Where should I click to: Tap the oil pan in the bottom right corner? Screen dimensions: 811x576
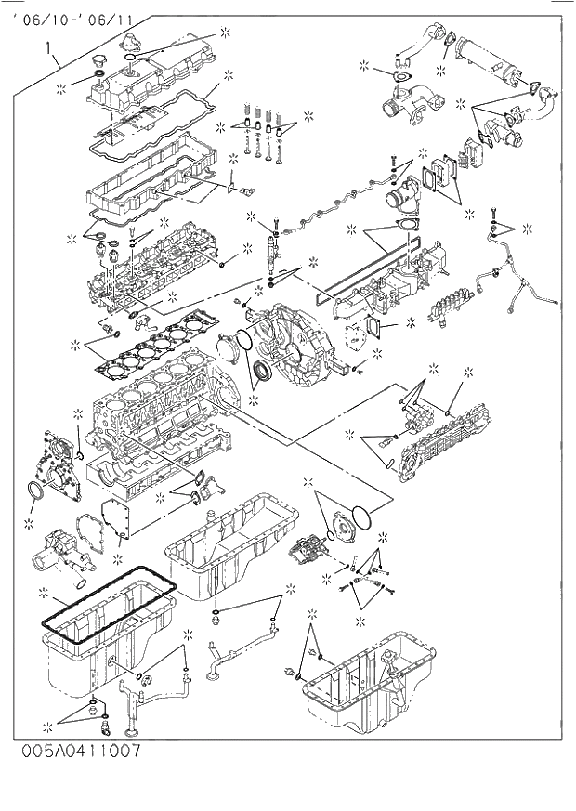pos(367,687)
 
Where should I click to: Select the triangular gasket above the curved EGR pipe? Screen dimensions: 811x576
pos(400,77)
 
